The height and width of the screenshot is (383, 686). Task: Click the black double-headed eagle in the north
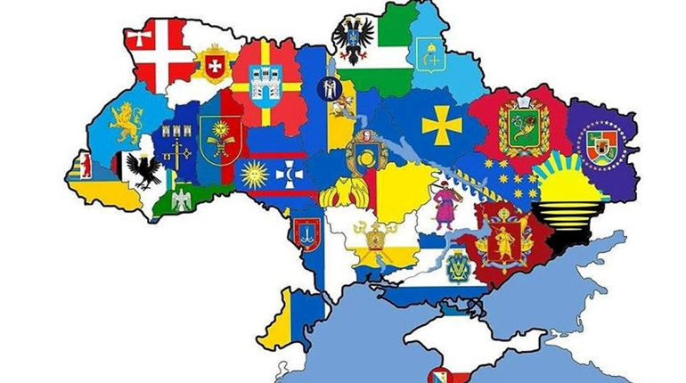(353, 39)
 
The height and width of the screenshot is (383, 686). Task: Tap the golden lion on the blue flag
(127, 123)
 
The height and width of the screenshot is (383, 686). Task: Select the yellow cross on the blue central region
(441, 125)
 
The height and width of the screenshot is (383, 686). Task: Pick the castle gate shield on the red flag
(267, 88)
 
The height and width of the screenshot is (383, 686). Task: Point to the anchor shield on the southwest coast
(306, 235)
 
